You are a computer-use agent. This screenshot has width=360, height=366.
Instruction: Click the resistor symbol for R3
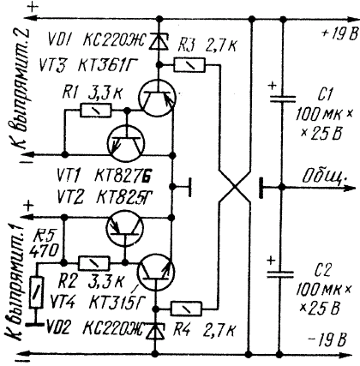point(189,65)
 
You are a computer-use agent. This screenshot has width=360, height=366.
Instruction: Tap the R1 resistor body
point(96,110)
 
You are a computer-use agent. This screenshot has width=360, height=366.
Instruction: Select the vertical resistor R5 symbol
point(37,292)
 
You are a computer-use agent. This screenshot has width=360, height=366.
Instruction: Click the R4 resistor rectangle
point(186,309)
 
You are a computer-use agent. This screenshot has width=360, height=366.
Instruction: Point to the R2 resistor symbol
point(94,263)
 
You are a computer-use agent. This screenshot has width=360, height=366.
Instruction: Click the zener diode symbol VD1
point(156,40)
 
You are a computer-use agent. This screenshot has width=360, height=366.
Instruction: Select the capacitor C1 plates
point(283,99)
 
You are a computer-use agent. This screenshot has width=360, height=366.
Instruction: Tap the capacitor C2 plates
point(280,274)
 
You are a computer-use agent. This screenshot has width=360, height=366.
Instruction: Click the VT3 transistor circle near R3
point(157,98)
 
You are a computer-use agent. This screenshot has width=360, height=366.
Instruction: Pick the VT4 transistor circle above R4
point(156,272)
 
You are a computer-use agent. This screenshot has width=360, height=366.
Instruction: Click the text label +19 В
point(339,33)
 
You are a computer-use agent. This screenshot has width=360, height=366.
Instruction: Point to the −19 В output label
point(327,339)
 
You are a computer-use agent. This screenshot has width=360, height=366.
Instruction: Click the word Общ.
point(325,176)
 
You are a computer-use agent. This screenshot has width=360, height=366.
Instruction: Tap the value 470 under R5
point(45,252)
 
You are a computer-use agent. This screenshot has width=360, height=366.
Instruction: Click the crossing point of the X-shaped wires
point(235,188)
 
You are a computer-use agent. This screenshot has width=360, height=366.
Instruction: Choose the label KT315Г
point(117,303)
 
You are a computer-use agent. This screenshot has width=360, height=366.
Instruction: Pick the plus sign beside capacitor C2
point(271,261)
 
